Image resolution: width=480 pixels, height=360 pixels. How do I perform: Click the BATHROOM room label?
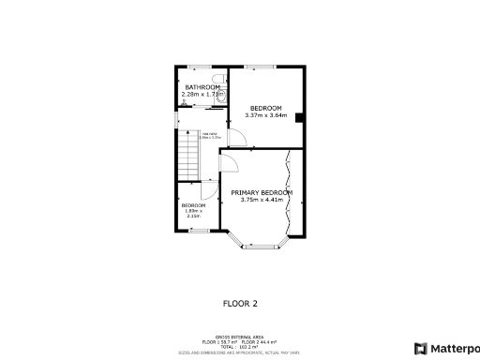pos(202,87)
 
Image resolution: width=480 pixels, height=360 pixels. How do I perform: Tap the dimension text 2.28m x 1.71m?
pos(202,95)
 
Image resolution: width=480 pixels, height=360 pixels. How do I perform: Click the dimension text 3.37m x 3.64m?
pos(264,115)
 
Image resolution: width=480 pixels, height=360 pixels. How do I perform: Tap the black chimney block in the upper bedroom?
pos(298,117)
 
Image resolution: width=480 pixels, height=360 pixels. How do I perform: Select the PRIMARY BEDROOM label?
pos(262,192)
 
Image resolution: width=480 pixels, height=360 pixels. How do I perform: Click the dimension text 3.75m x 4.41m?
pos(262,200)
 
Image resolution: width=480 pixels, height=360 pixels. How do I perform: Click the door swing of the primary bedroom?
pos(229,166)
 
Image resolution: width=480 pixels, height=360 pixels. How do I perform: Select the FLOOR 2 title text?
pos(240,303)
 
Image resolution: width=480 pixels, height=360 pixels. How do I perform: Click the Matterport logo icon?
pos(420,348)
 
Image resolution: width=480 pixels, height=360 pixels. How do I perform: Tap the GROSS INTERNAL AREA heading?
pos(239,335)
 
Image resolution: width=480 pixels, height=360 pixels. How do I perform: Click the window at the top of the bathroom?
pos(199,67)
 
